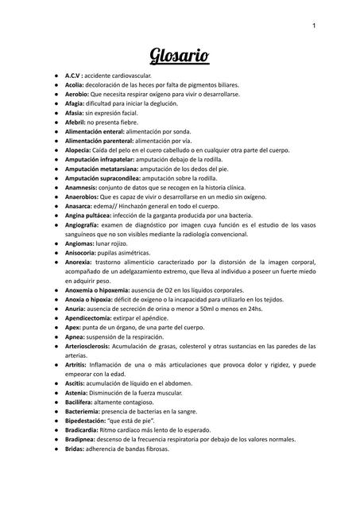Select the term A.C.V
coord(79,75)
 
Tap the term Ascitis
coord(77,383)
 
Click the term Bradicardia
coord(87,430)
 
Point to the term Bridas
coord(77,449)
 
